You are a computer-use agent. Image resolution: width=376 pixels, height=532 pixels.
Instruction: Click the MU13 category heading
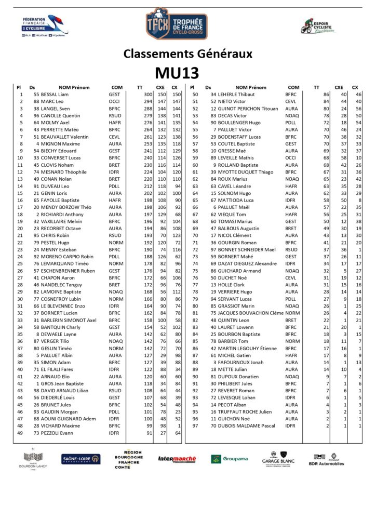point(177,72)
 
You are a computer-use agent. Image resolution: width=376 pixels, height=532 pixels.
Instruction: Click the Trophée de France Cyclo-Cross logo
point(177,24)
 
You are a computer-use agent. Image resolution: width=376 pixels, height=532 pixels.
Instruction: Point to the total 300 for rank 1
point(148,95)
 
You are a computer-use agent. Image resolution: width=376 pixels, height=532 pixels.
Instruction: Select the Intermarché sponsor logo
point(177,459)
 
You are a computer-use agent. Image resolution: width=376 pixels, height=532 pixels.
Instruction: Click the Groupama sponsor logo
point(229,459)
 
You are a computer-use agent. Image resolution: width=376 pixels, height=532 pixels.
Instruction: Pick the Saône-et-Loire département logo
point(80,459)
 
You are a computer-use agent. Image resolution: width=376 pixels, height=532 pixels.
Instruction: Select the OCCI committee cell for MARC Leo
point(114,101)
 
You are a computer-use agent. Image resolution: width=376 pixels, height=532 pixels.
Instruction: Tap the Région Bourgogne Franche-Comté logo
point(128,459)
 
